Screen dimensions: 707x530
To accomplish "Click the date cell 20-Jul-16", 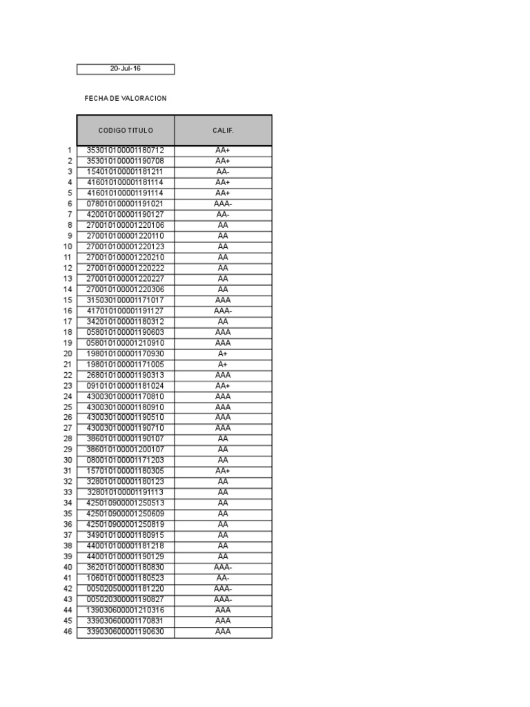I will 125,69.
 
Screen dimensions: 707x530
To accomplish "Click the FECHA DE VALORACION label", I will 125,99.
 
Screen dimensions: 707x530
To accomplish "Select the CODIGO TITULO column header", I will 126,130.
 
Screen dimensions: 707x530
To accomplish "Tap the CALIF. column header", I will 223,130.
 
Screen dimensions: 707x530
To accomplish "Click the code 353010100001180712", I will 125,151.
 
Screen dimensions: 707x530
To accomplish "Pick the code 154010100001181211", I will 125,172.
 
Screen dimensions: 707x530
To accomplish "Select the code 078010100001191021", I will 125,204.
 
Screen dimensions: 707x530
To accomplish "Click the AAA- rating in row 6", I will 223,204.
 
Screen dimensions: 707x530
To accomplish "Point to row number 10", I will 68,246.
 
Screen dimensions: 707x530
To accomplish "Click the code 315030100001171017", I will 125,300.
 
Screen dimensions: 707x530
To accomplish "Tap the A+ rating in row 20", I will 223,353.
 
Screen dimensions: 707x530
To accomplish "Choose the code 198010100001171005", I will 125,365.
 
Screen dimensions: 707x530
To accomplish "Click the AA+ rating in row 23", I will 223,386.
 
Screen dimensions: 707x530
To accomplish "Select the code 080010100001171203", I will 125,461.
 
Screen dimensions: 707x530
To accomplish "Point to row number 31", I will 68,471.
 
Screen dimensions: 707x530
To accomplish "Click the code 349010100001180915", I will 125,535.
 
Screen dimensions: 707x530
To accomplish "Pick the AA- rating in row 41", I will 223,578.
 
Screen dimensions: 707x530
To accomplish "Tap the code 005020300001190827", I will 125,599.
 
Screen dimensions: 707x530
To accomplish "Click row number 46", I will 68,631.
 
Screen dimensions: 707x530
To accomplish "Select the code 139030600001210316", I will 125,610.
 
